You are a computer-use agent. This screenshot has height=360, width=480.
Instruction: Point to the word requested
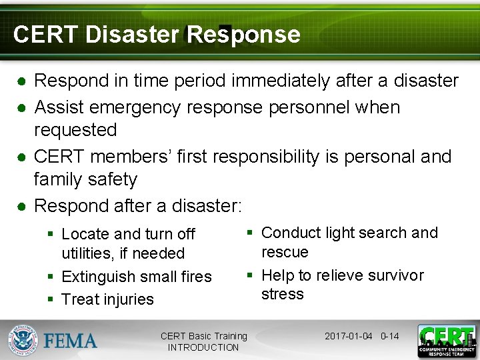click(75, 130)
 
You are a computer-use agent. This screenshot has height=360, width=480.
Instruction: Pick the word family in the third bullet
click(59, 180)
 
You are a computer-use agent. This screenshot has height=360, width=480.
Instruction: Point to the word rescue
click(285, 252)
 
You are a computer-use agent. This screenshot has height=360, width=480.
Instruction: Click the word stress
click(282, 294)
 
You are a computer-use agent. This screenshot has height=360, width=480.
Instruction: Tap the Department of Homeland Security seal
click(23, 340)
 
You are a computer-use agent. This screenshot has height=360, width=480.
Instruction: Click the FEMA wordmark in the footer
click(70, 341)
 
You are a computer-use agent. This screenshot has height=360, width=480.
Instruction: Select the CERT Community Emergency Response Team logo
click(446, 341)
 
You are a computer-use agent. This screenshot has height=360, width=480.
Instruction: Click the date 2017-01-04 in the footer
click(348, 336)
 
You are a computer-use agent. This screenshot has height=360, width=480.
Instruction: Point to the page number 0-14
click(389, 336)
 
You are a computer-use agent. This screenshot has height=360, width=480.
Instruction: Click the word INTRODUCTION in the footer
click(203, 347)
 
